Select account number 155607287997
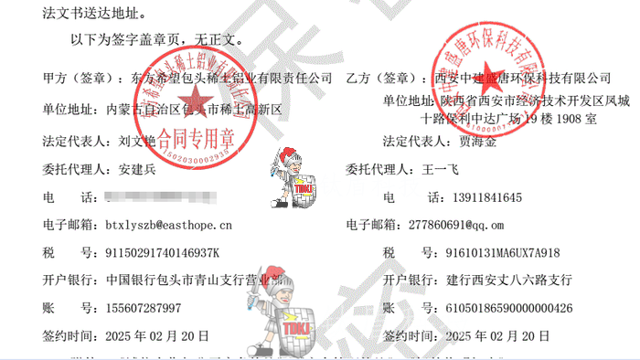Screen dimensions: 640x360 pos(144,307)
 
